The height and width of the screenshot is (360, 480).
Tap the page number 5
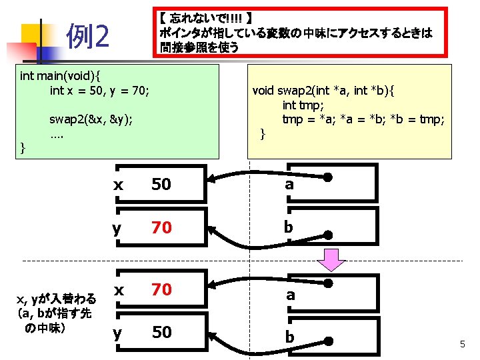461,344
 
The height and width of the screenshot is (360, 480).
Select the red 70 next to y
161,228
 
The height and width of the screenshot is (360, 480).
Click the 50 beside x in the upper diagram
161,185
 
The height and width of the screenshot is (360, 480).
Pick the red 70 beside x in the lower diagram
161,289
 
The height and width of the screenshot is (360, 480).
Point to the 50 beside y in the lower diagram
161,332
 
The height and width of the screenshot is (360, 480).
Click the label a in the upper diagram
289,185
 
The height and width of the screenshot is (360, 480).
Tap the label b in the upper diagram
289,227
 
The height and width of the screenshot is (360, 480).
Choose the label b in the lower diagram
289,337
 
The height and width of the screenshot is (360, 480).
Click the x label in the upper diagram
118,185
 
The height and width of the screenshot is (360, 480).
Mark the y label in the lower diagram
117,332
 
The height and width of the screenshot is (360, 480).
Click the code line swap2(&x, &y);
91,119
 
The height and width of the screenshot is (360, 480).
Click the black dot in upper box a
329,177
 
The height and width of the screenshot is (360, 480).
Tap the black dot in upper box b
329,235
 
